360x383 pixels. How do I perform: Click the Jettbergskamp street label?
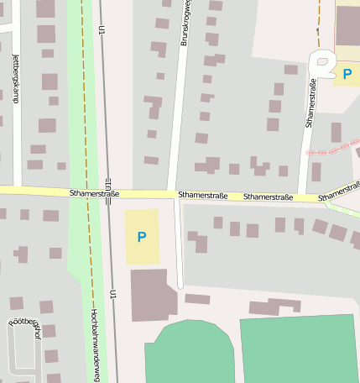(16, 77)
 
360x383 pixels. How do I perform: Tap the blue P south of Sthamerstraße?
(141, 237)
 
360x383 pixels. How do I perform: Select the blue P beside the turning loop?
(346, 74)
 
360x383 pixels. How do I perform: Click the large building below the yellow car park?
(153, 294)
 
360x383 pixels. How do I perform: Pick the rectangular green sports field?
(299, 349)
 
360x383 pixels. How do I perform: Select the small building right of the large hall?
(197, 298)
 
